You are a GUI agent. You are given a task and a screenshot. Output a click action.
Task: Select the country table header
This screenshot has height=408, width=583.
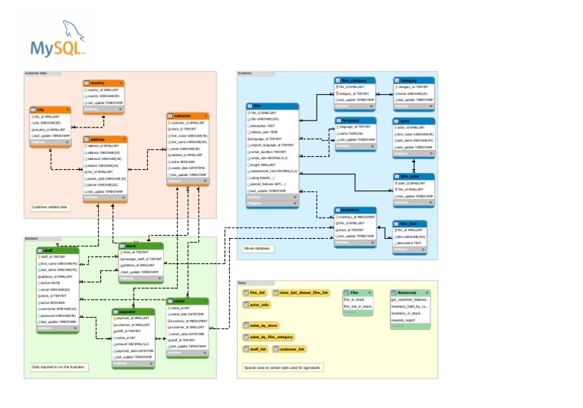(x=102, y=83)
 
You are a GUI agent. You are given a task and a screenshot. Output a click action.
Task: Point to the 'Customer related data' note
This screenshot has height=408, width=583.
(x=50, y=206)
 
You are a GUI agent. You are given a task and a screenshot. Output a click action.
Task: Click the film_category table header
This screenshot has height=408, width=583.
(x=355, y=80)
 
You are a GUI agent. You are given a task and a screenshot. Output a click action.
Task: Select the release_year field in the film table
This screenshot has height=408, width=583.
(x=266, y=133)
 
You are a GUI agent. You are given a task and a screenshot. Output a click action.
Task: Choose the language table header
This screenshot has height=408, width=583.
(x=355, y=120)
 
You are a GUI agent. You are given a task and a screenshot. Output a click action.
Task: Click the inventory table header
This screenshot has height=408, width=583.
(x=355, y=210)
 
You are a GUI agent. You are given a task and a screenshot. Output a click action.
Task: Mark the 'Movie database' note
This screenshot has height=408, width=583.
(x=259, y=248)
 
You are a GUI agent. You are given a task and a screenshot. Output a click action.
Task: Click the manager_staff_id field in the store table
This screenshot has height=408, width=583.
(x=140, y=259)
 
